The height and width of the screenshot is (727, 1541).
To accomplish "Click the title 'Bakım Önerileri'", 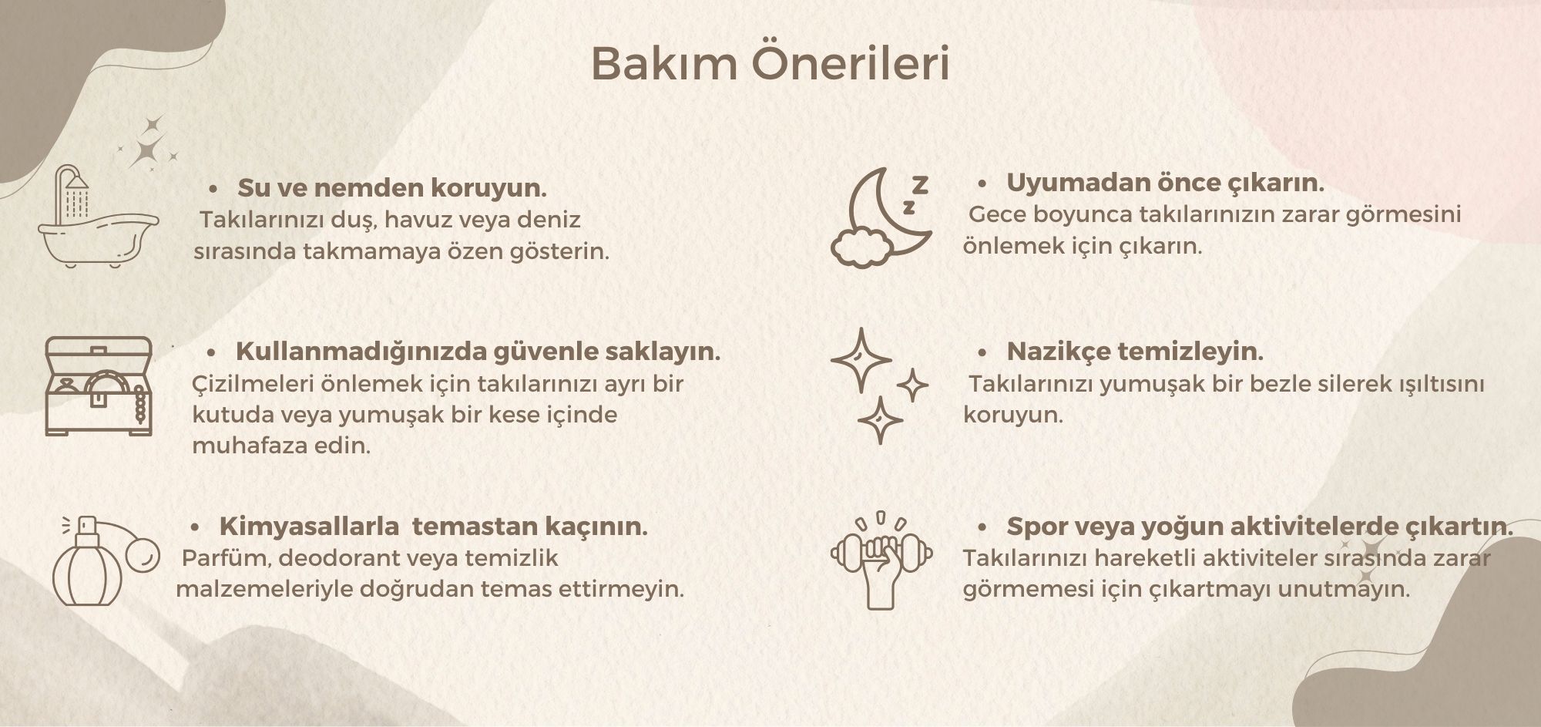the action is click(770, 65).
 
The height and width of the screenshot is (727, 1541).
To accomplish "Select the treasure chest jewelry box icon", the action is click(98, 385).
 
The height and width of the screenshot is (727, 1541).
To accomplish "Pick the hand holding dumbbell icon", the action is click(881, 560).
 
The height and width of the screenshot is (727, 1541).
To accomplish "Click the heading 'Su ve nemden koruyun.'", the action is click(392, 188).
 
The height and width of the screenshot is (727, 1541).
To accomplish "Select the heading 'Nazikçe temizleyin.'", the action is click(1135, 352).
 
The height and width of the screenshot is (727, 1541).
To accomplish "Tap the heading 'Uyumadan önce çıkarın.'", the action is click(1165, 183).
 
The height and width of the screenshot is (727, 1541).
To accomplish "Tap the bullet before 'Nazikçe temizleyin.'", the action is click(982, 353).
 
